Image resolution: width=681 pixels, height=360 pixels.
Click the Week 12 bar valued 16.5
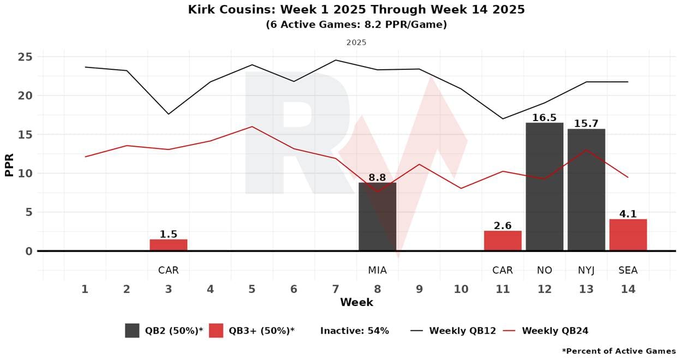pos(544,187)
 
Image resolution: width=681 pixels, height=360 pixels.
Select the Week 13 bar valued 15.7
pos(586,189)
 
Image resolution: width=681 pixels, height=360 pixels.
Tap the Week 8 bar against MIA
pos(377,217)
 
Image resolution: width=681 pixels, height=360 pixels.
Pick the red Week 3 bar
pos(169,245)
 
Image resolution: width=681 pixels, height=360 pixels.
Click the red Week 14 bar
pos(628,235)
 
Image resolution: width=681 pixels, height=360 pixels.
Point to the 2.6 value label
pos(503,225)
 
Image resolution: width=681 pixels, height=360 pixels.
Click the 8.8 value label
pos(377,177)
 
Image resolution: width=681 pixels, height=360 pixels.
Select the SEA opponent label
pos(628,270)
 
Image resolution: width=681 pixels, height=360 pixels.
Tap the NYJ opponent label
pos(586,270)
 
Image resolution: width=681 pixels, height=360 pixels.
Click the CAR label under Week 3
pos(169,270)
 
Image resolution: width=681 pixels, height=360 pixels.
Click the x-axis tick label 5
pos(252,289)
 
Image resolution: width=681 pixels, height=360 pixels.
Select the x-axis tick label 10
pos(461,289)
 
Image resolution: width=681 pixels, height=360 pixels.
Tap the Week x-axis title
pos(356,302)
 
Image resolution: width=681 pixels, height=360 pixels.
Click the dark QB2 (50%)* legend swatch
pos(132,331)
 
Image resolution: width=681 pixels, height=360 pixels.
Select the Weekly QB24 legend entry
pos(554,331)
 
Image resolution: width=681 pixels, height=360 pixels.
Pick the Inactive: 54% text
pos(354,331)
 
